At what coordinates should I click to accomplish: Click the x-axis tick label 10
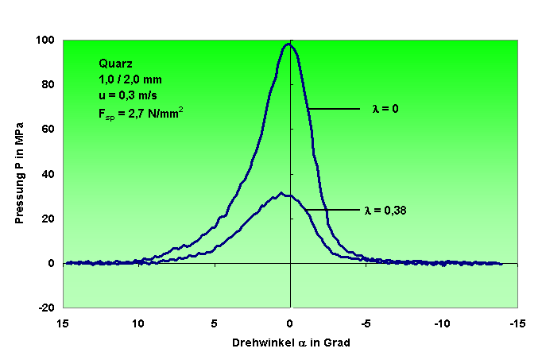click(x=138, y=323)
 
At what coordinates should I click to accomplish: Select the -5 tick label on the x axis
click(x=366, y=323)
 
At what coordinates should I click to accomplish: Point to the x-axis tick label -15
click(x=518, y=323)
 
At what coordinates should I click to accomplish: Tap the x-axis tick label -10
click(x=442, y=323)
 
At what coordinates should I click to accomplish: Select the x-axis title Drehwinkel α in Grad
click(x=291, y=343)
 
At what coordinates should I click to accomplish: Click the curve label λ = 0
click(x=385, y=108)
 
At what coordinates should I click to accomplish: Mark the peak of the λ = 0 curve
click(x=288, y=45)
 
